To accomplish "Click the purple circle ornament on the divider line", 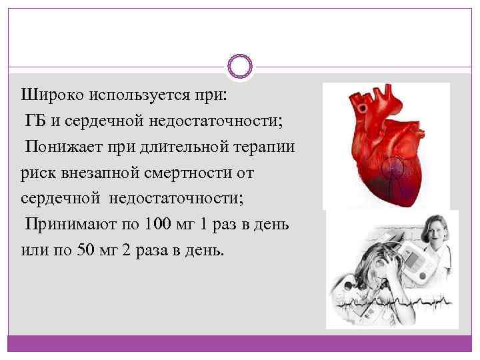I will [239, 66].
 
